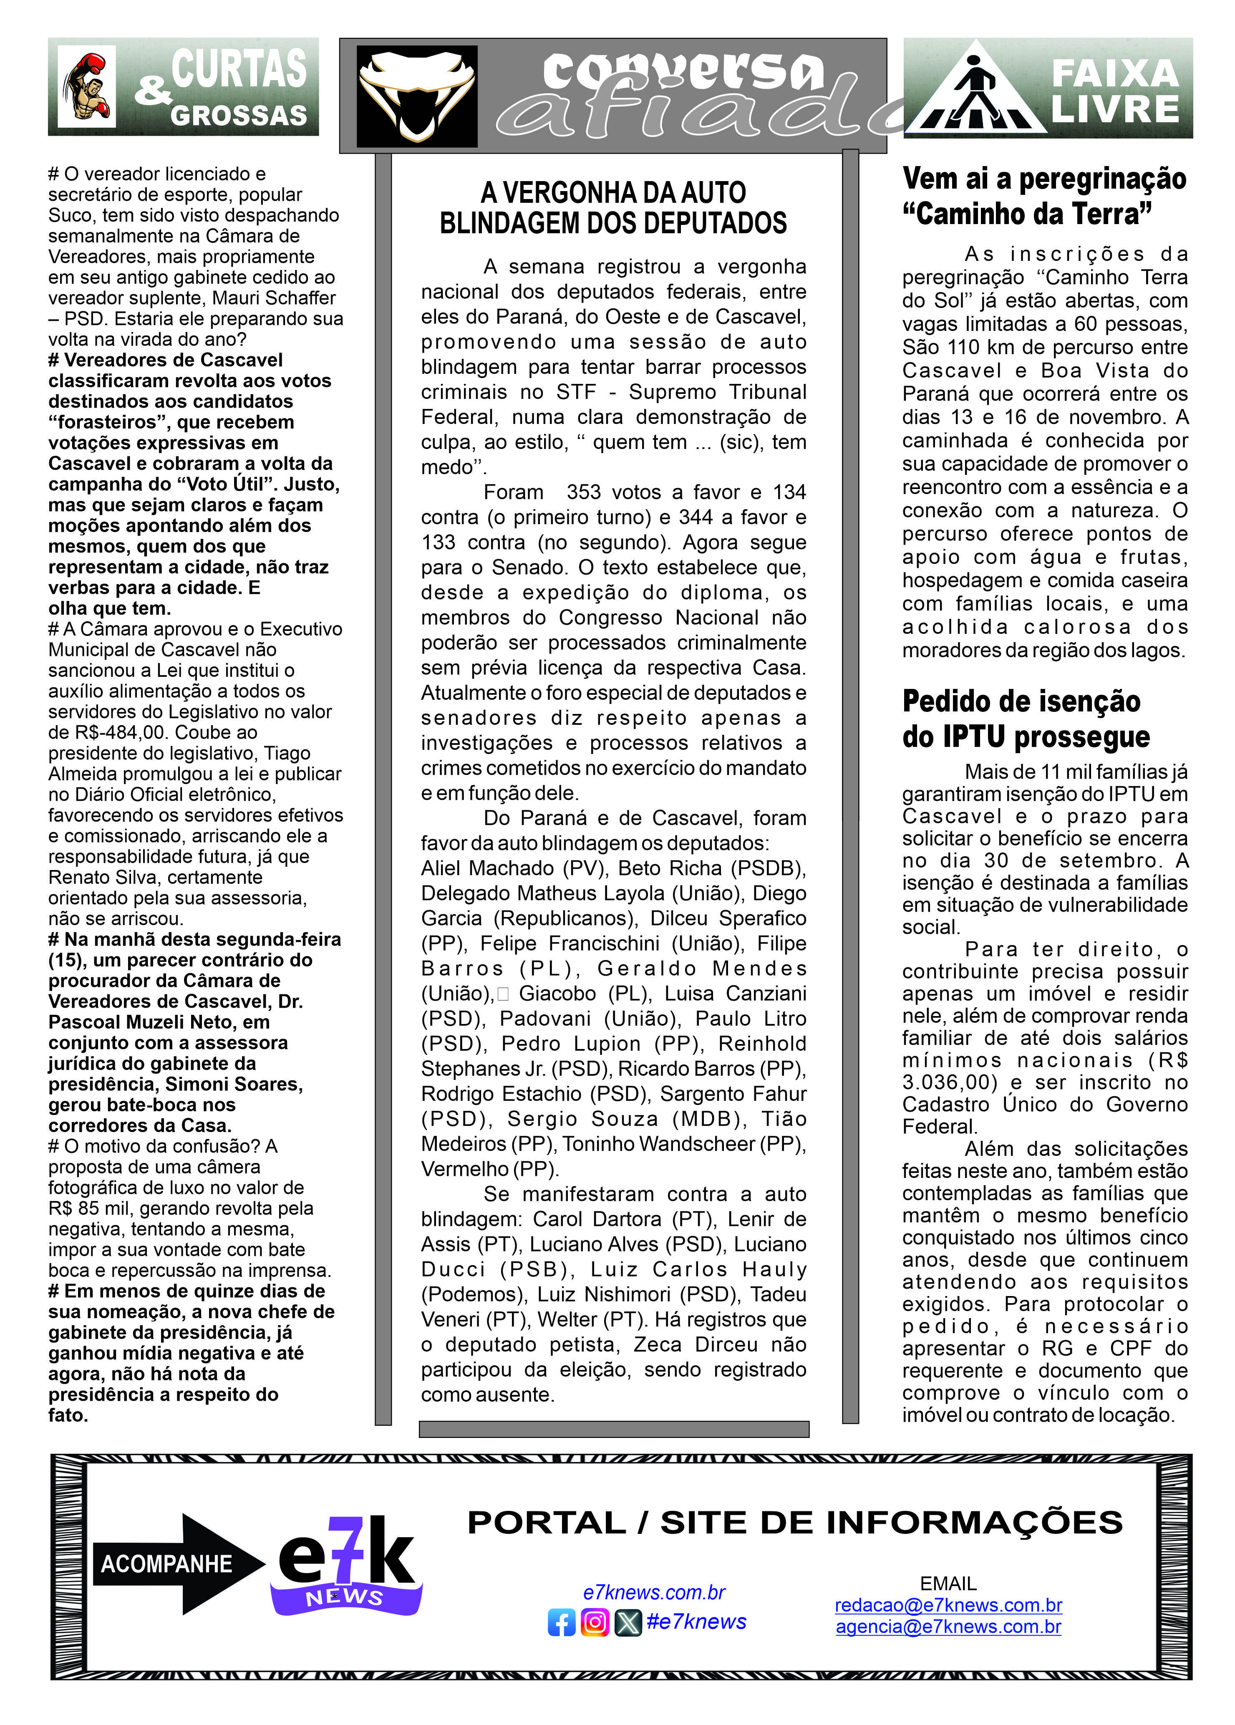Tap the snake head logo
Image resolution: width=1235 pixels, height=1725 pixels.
[417, 96]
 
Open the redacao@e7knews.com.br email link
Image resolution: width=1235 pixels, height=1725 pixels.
[948, 1606]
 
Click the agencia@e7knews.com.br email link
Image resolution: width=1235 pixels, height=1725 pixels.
[948, 1627]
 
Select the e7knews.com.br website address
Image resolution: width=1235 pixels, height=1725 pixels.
[654, 1593]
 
